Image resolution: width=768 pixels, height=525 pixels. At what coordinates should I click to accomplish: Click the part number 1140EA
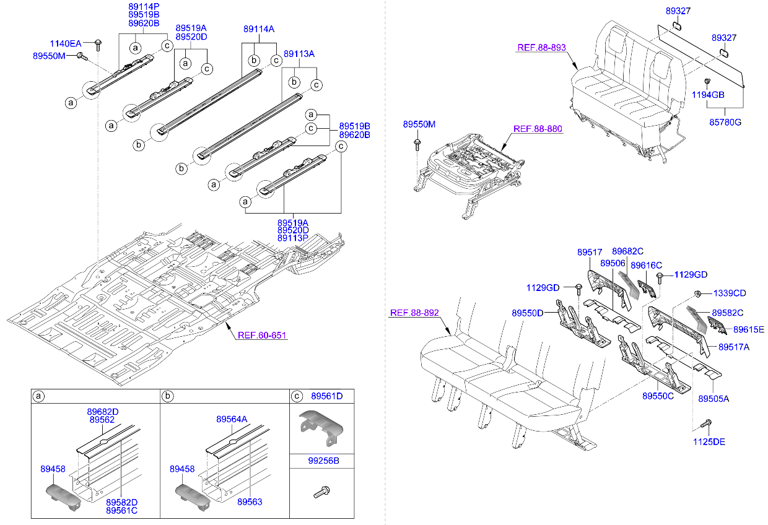click(65, 43)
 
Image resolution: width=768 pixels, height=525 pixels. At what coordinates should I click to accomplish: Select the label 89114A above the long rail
click(259, 29)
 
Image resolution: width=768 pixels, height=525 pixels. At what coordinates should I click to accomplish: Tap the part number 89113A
click(299, 54)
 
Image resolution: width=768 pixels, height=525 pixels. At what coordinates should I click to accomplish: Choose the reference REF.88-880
click(538, 129)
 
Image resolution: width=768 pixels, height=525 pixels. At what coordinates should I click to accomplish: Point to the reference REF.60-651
click(263, 335)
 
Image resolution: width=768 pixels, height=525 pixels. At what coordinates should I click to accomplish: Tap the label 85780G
click(725, 122)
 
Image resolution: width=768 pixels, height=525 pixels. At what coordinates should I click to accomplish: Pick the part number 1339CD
click(730, 293)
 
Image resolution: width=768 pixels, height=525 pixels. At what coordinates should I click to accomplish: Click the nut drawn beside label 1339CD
click(697, 293)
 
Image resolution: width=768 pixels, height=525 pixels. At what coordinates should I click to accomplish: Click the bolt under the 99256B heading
click(320, 492)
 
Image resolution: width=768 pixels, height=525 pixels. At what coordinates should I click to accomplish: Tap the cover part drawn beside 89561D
click(321, 425)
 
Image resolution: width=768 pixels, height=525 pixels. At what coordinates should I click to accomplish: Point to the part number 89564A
click(232, 419)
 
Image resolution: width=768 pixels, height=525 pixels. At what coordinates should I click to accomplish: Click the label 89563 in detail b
click(250, 502)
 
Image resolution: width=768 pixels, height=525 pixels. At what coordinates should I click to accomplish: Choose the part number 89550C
click(657, 396)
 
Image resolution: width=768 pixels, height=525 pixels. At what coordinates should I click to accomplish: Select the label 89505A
click(713, 399)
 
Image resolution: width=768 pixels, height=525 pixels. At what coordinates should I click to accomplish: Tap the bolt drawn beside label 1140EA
click(98, 43)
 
